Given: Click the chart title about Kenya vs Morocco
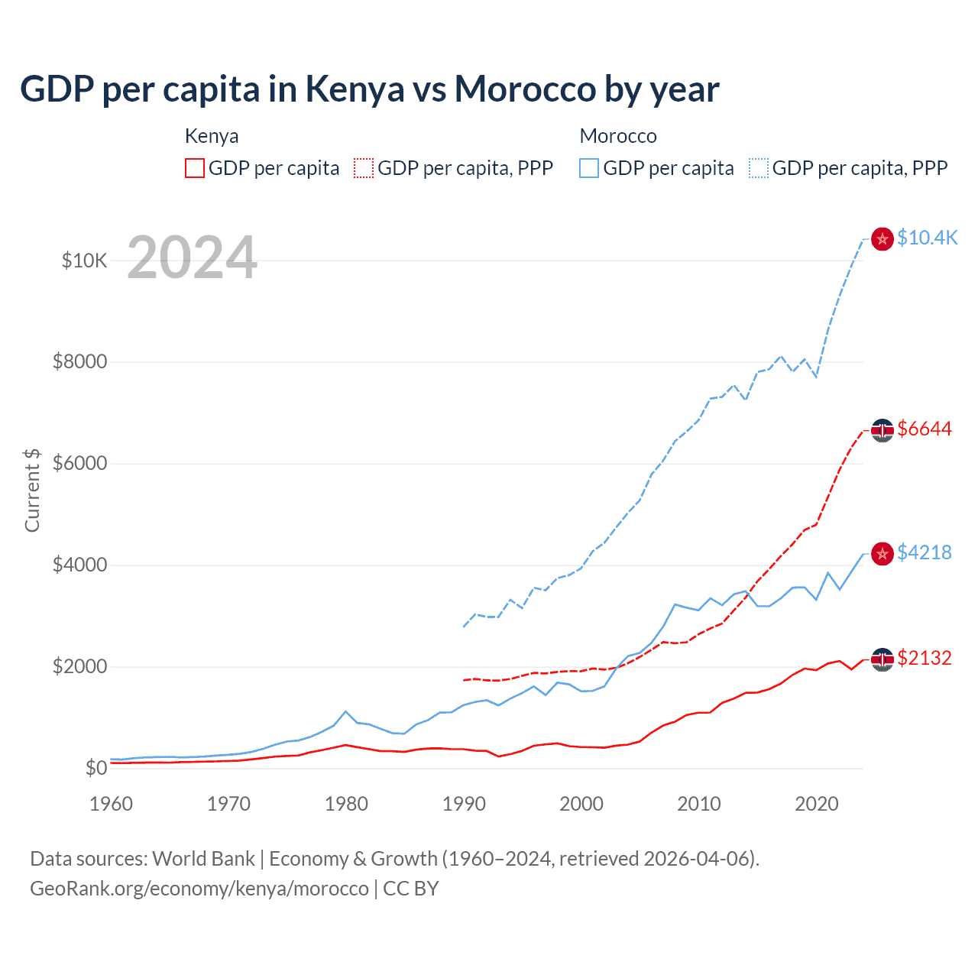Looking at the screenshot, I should coord(369,89).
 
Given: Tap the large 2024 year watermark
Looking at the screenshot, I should coord(192,257).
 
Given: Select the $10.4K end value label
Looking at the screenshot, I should coord(927,238).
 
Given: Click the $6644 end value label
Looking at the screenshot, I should coord(925,429).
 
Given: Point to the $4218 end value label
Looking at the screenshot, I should coord(925,552).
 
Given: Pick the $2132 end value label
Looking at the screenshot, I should coord(925,658).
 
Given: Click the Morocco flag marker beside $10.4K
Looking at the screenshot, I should coord(882,239).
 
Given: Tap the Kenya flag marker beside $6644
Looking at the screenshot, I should coord(882,431).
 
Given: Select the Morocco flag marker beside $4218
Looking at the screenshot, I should coord(882,554).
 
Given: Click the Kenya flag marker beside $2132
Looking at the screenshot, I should coord(882,659).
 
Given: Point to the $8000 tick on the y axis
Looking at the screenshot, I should coord(79,361).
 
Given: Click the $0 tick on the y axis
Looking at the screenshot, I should coord(96,768).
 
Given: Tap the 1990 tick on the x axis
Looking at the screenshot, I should coord(464,804).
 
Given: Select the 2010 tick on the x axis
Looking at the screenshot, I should coord(699,804).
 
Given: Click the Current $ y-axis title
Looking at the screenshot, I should coord(32,490).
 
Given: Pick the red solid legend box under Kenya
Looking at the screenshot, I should coord(195,168).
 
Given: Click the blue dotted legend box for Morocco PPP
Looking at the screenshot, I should coord(759,168).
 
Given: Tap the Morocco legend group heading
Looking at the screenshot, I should coord(618,136).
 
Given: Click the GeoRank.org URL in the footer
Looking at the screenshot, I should coord(199,889).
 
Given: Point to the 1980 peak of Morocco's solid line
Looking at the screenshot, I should coord(346,711).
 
